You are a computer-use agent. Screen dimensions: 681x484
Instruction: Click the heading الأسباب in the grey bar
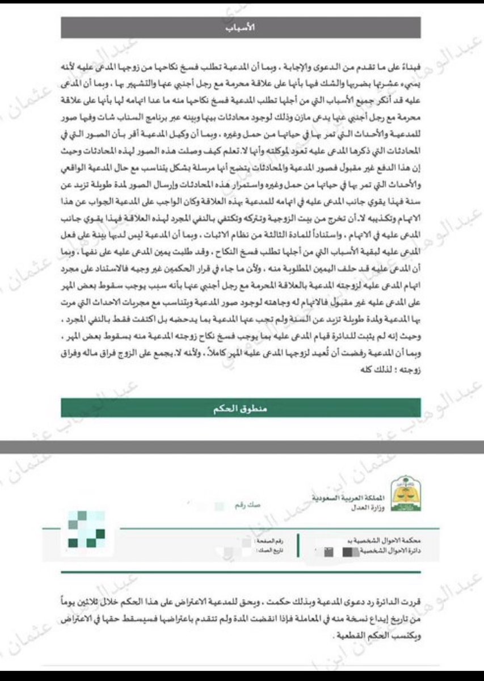pyautogui.click(x=241, y=27)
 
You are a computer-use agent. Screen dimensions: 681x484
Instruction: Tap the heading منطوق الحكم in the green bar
pyautogui.click(x=241, y=408)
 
